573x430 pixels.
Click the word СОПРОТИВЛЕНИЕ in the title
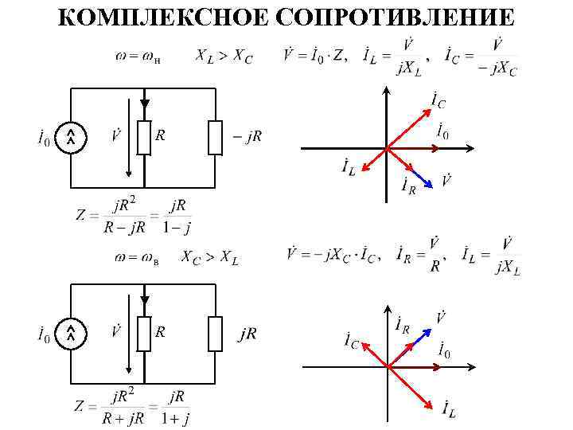point(399,17)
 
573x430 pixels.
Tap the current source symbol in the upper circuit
point(71,139)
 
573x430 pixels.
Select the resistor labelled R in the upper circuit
point(144,138)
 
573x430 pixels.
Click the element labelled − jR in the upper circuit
point(216,138)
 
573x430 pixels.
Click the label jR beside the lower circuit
point(248,334)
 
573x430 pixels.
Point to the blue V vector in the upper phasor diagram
point(423,180)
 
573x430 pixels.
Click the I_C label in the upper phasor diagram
point(437,100)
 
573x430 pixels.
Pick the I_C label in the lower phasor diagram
point(351,341)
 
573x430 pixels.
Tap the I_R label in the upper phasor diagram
point(407,188)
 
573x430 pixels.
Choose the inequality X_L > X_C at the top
point(224,57)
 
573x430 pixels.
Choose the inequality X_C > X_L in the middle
point(209,257)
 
